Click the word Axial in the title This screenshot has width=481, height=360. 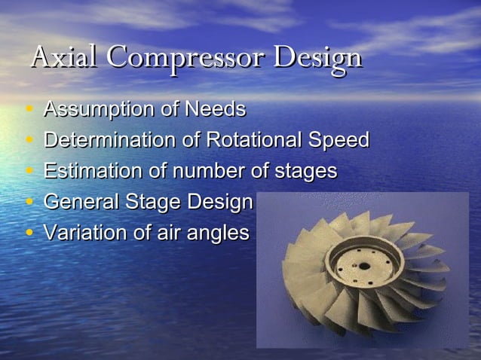tap(65, 57)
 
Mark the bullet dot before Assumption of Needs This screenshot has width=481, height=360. tap(29, 111)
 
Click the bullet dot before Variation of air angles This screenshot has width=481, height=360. tap(29, 233)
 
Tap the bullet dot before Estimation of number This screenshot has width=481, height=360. tap(29, 172)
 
